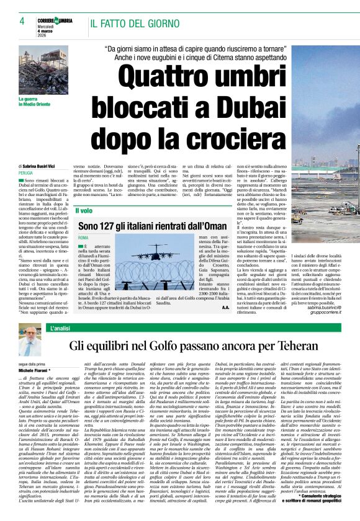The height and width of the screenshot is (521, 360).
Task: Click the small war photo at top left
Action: pyautogui.click(x=43, y=69)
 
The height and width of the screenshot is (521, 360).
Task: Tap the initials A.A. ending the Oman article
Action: pyautogui.click(x=225, y=306)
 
